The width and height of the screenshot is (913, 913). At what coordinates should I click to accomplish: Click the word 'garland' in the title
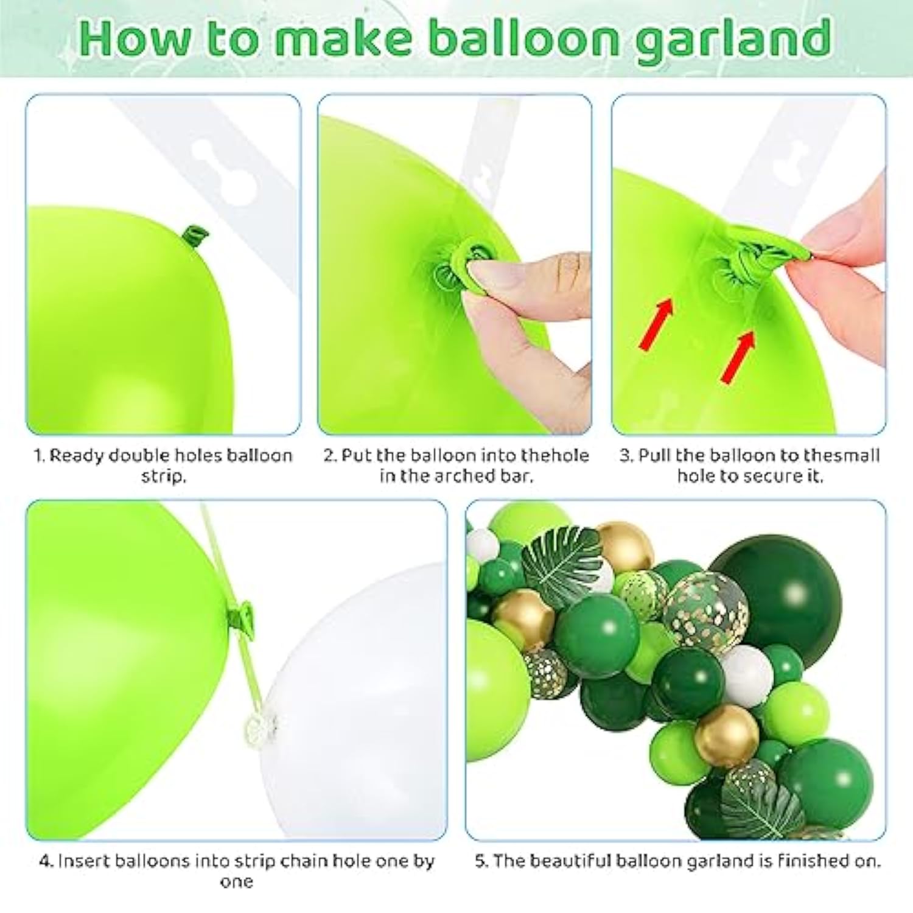(x=733, y=40)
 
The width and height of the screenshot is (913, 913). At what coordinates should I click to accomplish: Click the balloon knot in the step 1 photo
(x=195, y=236)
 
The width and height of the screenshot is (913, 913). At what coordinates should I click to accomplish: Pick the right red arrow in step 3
(x=738, y=356)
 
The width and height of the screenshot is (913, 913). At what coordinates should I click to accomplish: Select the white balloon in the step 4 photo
(x=359, y=700)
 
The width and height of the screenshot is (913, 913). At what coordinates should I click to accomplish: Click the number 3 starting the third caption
(x=624, y=455)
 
